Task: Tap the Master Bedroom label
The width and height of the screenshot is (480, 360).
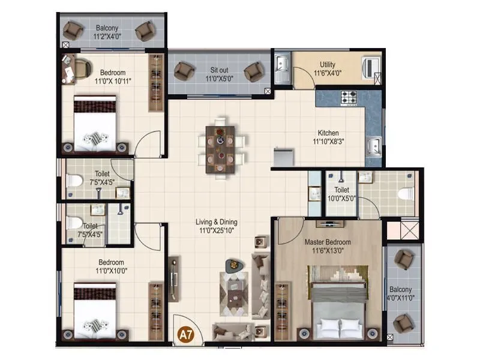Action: (x=327, y=242)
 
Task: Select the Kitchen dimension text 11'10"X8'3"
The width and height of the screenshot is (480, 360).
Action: (x=329, y=142)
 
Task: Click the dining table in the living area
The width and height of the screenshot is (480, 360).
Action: (x=221, y=149)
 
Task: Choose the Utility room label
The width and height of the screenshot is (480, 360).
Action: (x=328, y=65)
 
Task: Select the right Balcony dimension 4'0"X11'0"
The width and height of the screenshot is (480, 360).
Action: (x=400, y=297)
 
